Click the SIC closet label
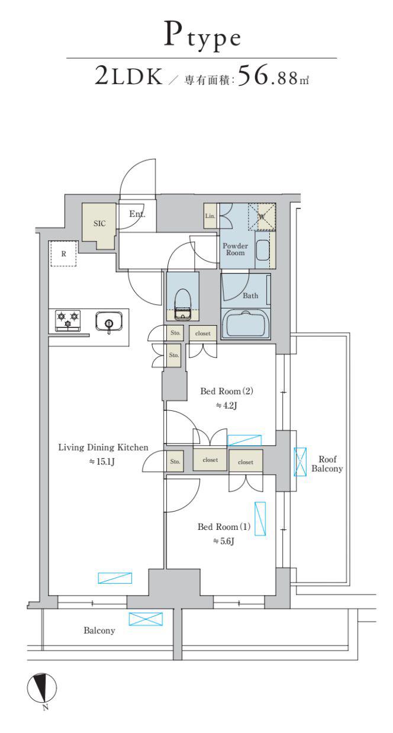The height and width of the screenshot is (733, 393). point(99,223)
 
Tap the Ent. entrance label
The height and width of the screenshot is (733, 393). point(137,214)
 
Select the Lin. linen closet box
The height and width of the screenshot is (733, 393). point(210,216)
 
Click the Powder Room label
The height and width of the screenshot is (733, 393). point(236,249)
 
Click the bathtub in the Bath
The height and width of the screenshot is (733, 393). point(246,324)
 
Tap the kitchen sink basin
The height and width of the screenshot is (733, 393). point(109,321)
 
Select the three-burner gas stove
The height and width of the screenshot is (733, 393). point(67,320)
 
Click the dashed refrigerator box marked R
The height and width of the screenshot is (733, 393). point(63,253)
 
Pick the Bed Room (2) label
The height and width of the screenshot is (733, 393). point(227,391)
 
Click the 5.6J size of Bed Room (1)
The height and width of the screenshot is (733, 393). point(224,541)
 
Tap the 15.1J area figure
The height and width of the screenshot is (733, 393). point(102,462)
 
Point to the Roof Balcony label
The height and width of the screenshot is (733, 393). point(327,464)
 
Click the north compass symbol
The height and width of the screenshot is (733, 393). point(41,687)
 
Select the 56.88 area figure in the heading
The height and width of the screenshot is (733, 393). point(268,76)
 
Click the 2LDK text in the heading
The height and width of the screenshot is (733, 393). point(128,76)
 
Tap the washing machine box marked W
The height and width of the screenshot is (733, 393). point(262,216)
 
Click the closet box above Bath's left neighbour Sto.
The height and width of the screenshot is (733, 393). point(202,333)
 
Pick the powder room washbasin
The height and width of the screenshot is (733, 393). point(262,250)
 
